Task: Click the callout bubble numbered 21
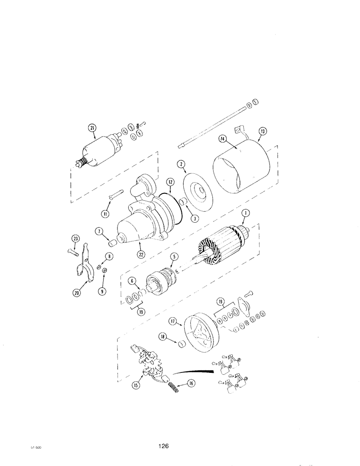click(x=92, y=128)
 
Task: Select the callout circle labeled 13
click(x=263, y=132)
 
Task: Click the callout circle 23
click(x=75, y=239)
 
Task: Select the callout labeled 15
click(x=136, y=385)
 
